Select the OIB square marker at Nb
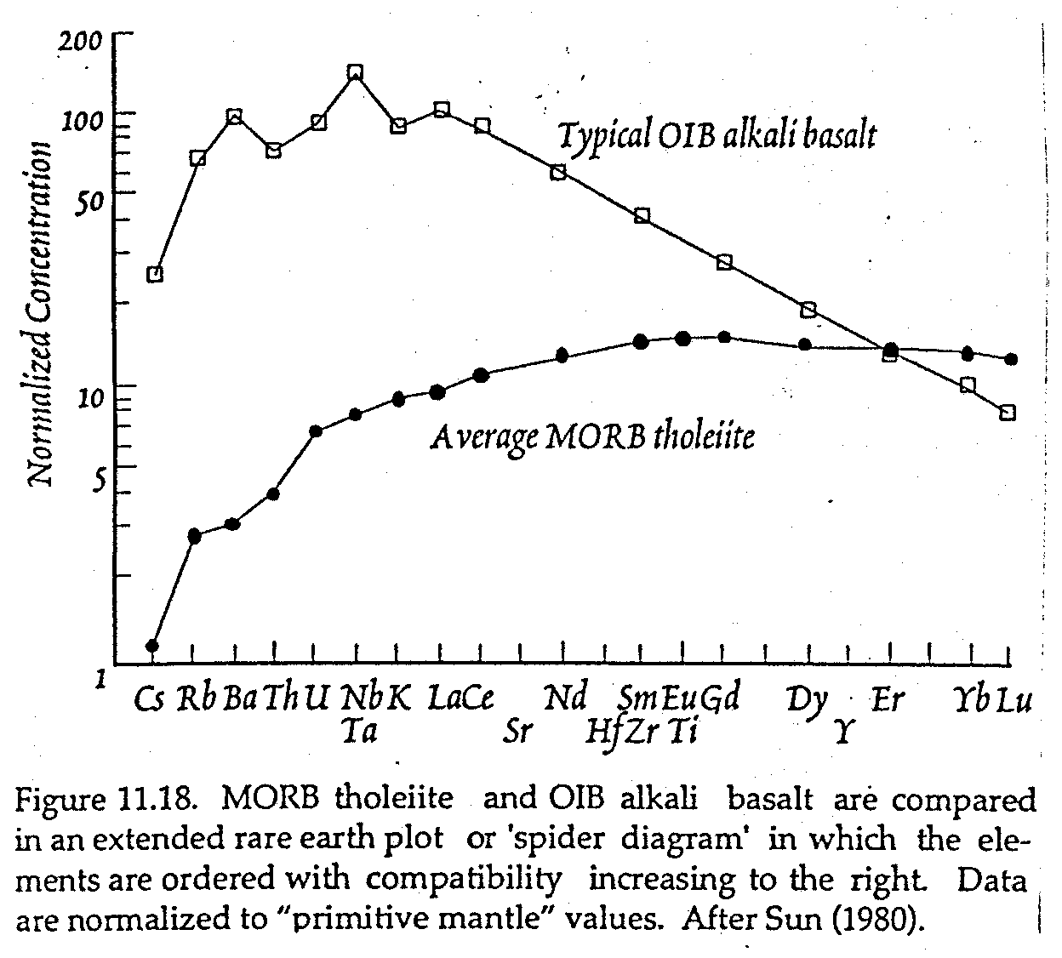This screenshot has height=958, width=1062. (356, 73)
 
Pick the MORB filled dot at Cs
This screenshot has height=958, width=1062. (152, 646)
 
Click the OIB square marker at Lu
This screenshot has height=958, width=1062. (1008, 413)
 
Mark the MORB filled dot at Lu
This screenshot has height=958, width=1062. (1011, 359)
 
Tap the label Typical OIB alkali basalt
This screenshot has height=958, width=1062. (716, 135)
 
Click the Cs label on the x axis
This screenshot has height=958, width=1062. (150, 699)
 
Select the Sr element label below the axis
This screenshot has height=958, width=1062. (517, 729)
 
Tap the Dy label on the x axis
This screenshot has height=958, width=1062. (807, 699)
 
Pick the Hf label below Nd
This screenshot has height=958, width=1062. (603, 730)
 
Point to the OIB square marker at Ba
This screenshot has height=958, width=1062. (235, 116)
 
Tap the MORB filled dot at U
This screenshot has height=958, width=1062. (316, 431)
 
